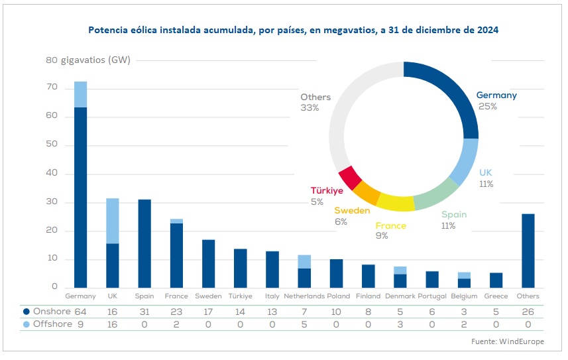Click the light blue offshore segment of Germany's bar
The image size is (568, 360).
[80, 94]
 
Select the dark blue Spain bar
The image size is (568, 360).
[144, 244]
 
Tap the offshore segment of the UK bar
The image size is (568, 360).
[112, 221]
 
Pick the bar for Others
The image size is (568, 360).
[528, 251]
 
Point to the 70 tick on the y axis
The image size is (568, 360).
[52, 88]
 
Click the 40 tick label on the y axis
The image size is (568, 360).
[52, 174]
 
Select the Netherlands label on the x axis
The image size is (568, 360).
[304, 296]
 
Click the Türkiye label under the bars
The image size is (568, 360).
[240, 296]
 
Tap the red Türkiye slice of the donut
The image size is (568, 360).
[349, 177]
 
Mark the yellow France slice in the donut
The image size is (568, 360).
[396, 202]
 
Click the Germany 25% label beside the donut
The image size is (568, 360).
[496, 100]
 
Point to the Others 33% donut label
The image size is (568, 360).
[315, 102]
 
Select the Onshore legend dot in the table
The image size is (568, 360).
[26, 311]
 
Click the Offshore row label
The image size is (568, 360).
[51, 325]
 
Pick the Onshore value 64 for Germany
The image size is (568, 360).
[80, 311]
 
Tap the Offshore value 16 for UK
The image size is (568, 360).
[112, 325]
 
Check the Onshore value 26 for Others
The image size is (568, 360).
[528, 311]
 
